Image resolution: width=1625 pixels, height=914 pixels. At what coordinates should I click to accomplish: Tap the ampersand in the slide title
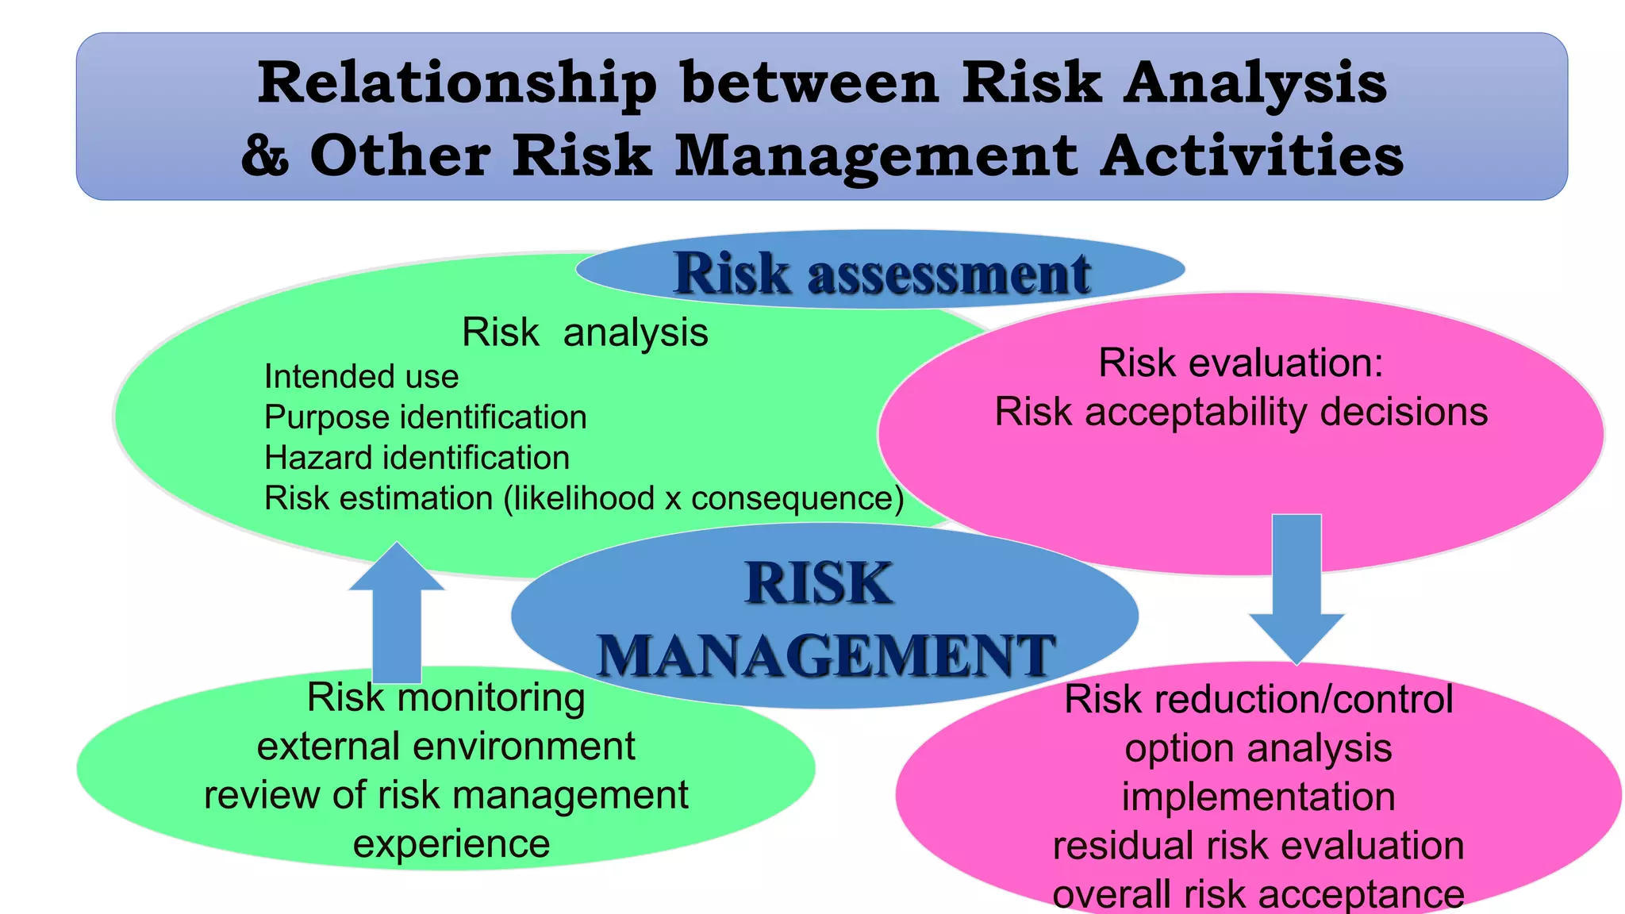tap(265, 155)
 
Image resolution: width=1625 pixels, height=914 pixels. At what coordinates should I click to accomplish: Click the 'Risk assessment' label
tap(882, 273)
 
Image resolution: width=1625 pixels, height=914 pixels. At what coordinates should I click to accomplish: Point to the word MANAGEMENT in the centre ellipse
tap(825, 655)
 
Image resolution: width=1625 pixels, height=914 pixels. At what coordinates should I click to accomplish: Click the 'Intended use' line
tap(361, 377)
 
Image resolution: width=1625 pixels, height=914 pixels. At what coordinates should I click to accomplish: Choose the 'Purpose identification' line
tap(425, 417)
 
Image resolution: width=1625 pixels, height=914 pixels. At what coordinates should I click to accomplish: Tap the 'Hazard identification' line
tap(417, 458)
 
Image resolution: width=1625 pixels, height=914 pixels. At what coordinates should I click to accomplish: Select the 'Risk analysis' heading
tap(585, 332)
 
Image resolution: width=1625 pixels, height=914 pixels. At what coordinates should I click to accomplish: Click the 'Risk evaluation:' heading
tap(1241, 363)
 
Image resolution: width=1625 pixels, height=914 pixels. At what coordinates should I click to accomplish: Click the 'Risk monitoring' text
tap(446, 697)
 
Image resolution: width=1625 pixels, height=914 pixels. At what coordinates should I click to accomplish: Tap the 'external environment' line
tap(446, 747)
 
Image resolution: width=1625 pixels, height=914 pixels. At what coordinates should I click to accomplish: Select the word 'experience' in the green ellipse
tap(451, 843)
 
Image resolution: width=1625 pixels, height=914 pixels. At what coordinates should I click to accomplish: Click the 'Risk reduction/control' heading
tap(1258, 699)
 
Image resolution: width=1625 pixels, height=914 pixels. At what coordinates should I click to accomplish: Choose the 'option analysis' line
tap(1258, 748)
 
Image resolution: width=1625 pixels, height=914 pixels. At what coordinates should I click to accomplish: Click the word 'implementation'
tap(1258, 797)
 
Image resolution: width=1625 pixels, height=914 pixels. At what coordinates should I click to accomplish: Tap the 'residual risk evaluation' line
tap(1258, 846)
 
